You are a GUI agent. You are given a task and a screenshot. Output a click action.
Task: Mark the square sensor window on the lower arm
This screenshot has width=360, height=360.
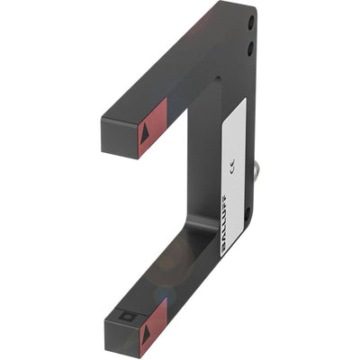pos(124,317)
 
